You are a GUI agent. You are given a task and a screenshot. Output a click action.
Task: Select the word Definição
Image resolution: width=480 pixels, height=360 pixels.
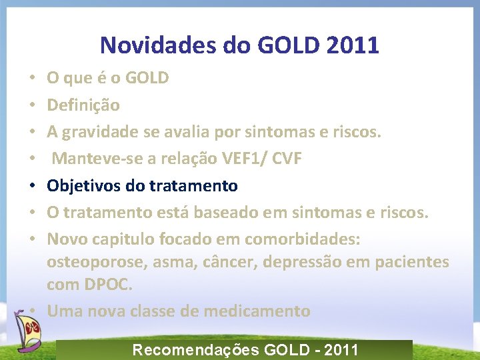click(x=83, y=105)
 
